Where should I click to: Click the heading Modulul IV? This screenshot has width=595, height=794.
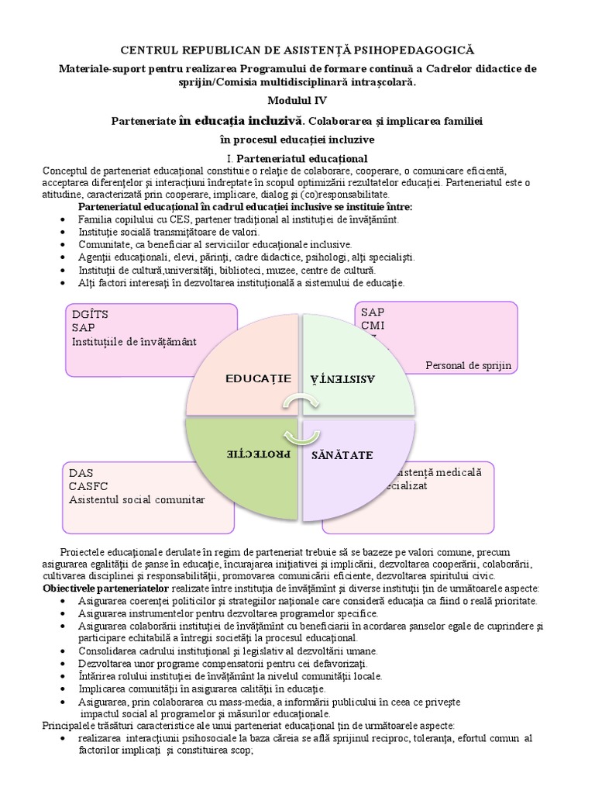297,101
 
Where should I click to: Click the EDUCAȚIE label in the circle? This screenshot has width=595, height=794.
259,378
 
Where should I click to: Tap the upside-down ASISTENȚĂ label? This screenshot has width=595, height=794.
343,378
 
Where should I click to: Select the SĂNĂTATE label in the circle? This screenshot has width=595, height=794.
342,453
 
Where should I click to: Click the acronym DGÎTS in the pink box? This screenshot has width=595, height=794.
91,313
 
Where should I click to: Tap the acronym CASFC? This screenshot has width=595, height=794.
91,486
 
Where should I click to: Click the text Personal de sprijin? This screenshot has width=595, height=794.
469,365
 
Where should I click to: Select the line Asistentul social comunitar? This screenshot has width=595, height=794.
136,500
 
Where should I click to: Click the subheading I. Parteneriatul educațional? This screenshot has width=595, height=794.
297,159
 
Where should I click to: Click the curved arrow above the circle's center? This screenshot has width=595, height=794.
297,402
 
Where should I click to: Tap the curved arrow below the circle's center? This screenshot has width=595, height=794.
297,433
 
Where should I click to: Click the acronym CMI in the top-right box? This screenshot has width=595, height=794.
373,326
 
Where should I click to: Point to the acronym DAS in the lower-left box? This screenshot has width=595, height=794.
81,473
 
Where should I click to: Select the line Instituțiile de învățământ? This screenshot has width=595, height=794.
134,341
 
